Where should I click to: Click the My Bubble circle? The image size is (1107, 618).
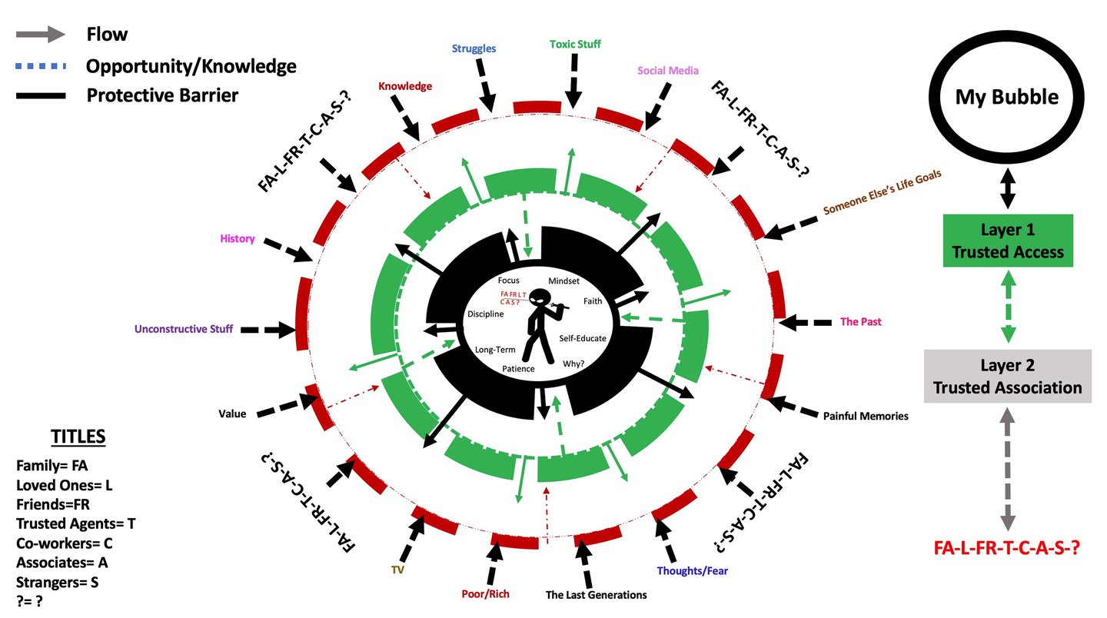[x=1006, y=97]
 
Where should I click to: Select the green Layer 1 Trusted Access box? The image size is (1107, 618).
[x=1008, y=241]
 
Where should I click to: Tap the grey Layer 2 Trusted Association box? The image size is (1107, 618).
[x=1008, y=376]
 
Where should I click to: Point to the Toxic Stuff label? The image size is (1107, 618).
[x=575, y=44]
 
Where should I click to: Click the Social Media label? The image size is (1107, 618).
[x=668, y=71]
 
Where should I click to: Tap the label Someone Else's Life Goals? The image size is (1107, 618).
[x=882, y=193]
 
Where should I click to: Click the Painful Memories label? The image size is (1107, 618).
[x=866, y=416]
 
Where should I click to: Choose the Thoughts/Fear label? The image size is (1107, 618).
[x=692, y=571]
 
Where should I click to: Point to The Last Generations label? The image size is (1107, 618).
[x=596, y=595]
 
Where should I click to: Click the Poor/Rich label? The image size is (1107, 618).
[x=485, y=594]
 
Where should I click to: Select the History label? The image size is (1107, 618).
[x=237, y=239]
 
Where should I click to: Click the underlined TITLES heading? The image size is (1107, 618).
[x=78, y=437]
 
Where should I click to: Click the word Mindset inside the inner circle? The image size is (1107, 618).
[x=563, y=281]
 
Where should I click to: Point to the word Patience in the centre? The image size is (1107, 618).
[x=518, y=369]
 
